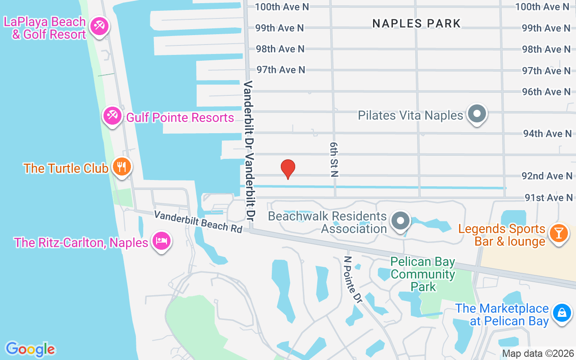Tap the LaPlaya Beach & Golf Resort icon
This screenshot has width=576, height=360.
click(x=98, y=26)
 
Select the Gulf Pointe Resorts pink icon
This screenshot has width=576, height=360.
click(x=112, y=116)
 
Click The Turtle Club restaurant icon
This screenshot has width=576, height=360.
click(x=121, y=167)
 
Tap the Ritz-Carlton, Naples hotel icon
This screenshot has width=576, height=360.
click(x=161, y=241)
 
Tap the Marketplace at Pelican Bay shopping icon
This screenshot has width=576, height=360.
click(x=562, y=312)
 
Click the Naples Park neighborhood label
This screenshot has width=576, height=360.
click(x=416, y=23)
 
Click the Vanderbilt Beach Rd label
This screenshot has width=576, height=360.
click(x=198, y=221)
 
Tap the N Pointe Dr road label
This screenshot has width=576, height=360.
click(x=352, y=279)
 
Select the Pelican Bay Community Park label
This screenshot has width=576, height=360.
click(x=423, y=274)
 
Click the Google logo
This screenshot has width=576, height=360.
click(x=30, y=349)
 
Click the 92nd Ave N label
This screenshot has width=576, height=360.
click(x=547, y=176)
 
